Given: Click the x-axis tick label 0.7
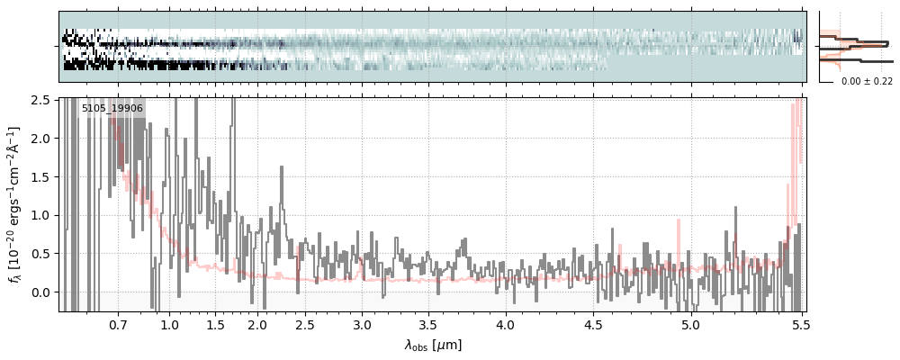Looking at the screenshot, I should click(x=118, y=324).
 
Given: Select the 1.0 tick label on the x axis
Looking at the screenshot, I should click(x=170, y=324).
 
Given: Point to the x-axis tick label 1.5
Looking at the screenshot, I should click(x=216, y=324).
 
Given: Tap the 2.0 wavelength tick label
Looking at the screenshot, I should click(x=257, y=324).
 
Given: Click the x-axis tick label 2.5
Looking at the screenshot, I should click(x=305, y=324).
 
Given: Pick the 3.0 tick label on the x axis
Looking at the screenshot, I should click(x=362, y=324).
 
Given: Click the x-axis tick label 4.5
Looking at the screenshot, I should click(x=595, y=324).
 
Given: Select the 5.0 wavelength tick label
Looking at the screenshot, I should click(x=690, y=324).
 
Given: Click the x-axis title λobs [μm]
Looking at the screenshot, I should click(x=433, y=344).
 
